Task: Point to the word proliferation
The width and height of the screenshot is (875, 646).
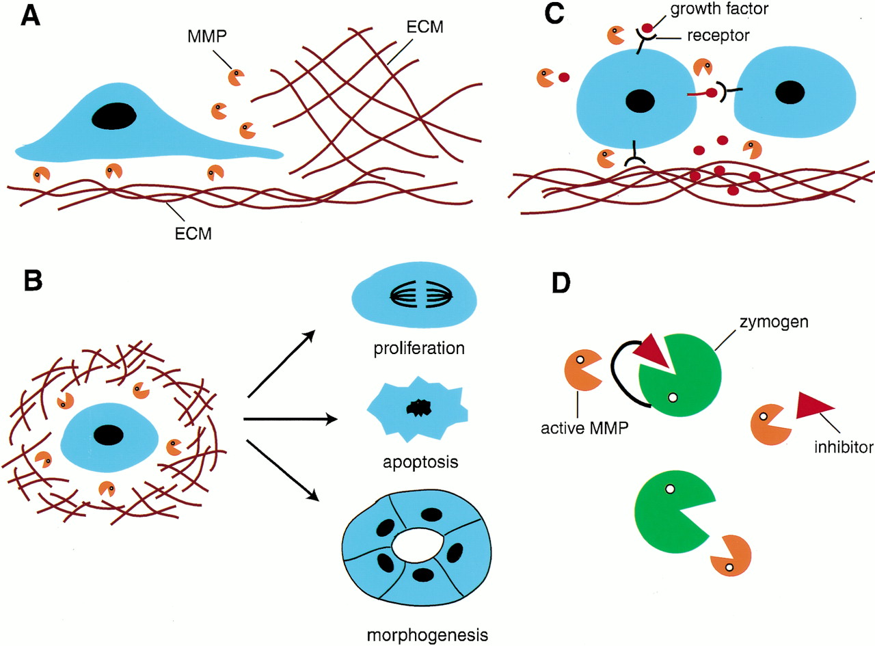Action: click(410, 349)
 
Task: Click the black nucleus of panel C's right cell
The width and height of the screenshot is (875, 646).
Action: click(792, 92)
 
